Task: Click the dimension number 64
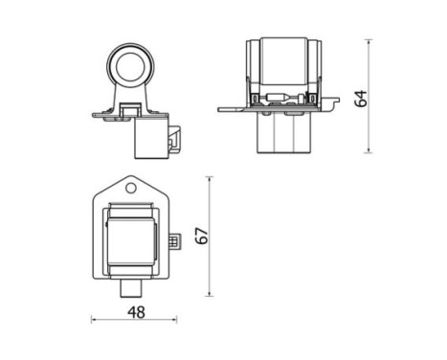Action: pyautogui.click(x=360, y=98)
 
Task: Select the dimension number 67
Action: pyautogui.click(x=201, y=235)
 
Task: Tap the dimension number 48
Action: pyautogui.click(x=136, y=311)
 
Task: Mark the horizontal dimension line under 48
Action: pyautogui.click(x=136, y=320)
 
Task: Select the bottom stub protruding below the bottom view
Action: pyautogui.click(x=134, y=288)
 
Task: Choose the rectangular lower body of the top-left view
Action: pyautogui.click(x=148, y=139)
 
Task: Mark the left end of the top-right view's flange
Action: pyautogui.click(x=222, y=109)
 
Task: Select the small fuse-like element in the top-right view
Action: pyautogui.click(x=284, y=98)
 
